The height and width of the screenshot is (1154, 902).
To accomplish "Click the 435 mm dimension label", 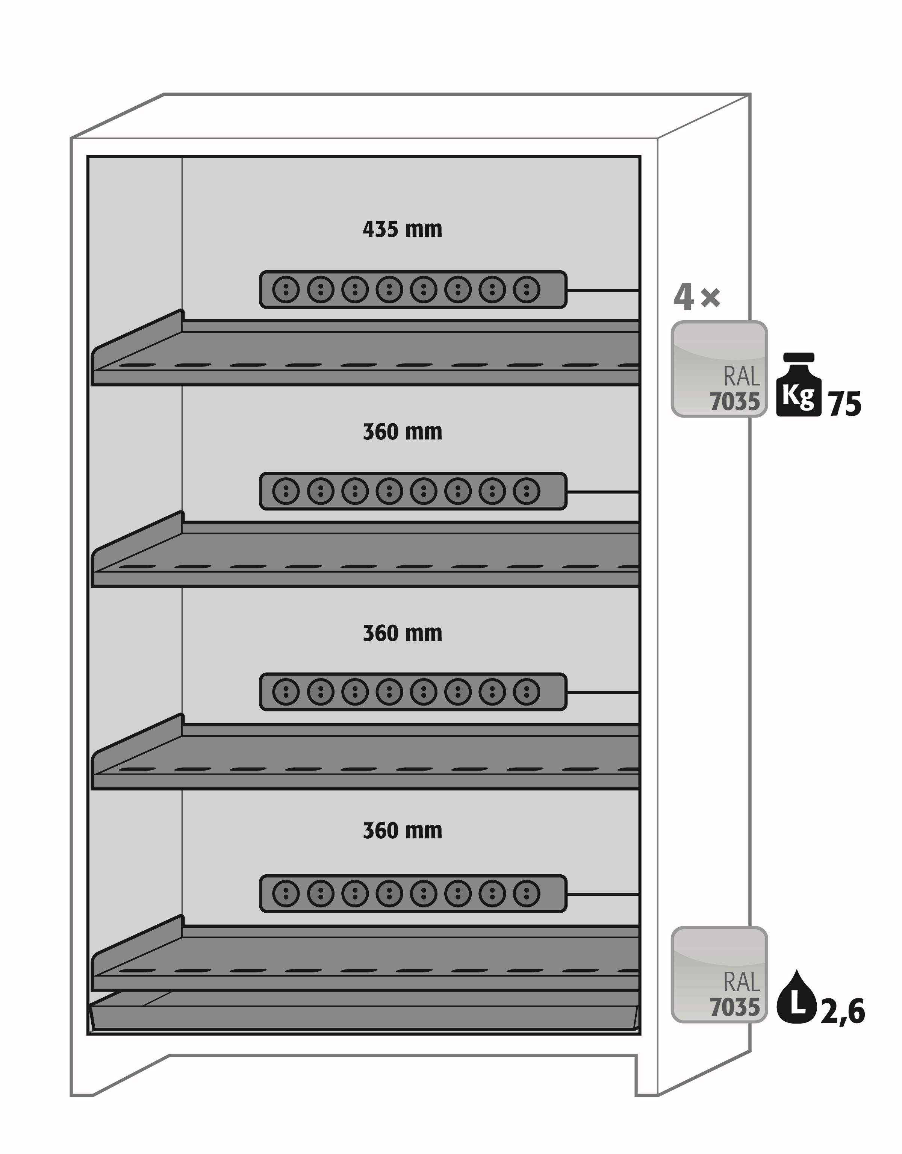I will point(402,229).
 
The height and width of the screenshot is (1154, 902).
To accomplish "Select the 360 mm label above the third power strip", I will point(402,633).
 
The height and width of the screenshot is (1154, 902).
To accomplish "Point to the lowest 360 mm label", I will point(402,831).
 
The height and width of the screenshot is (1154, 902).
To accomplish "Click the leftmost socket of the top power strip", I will point(286,289).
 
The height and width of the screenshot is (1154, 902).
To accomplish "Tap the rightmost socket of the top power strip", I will point(526,289).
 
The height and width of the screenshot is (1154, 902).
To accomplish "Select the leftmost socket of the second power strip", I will point(286,491).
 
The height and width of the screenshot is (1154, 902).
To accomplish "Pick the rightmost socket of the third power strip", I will point(526,692).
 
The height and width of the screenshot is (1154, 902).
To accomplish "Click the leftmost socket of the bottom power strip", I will point(286,894).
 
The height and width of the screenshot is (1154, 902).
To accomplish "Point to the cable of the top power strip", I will point(602,290).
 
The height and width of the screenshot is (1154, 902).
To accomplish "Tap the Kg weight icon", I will point(798,385).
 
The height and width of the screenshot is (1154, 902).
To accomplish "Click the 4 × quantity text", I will point(696,297).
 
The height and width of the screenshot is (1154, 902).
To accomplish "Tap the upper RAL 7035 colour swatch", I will point(719,369).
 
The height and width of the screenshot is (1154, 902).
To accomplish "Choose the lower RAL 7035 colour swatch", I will point(719,975).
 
